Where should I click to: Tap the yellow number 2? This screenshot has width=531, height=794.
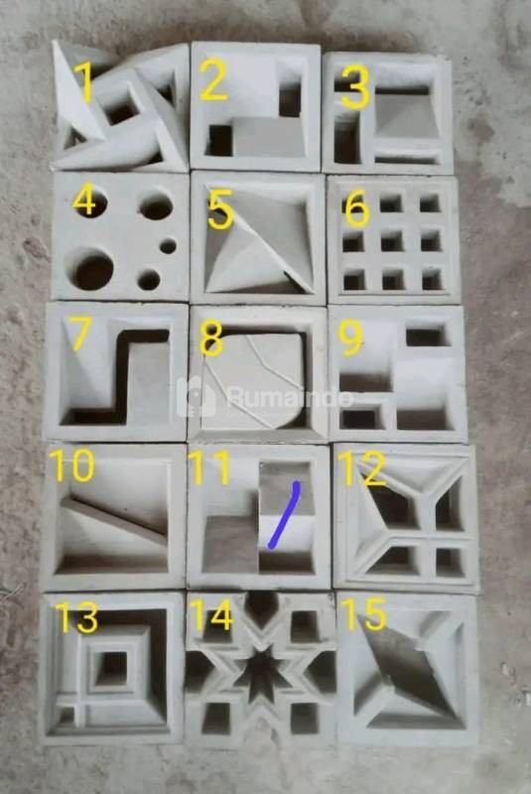(x=213, y=79)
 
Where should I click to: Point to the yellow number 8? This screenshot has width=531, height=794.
(x=211, y=338)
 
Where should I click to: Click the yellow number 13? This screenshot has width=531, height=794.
(x=77, y=617)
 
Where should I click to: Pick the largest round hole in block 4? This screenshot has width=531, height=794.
(x=92, y=269)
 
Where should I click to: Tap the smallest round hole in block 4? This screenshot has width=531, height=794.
(x=168, y=247)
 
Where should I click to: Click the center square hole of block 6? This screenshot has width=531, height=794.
(x=392, y=240)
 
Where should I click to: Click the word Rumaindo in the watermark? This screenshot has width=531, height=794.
(x=290, y=398)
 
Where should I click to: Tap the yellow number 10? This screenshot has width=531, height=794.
(x=71, y=465)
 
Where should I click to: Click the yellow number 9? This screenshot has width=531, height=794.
(x=351, y=338)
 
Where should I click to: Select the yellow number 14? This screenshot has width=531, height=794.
(x=211, y=615)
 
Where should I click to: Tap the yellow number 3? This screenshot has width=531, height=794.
(x=356, y=88)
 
